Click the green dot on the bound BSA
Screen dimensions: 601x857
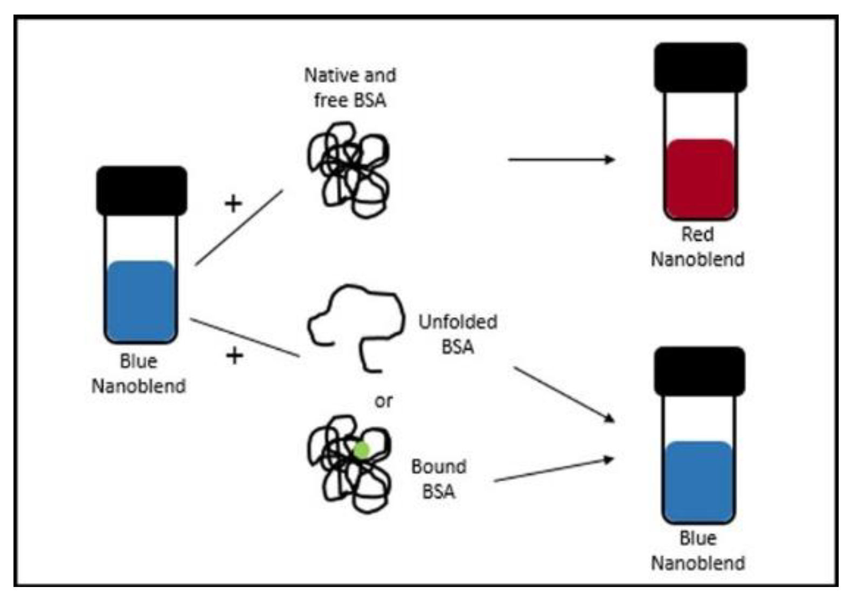[x=362, y=450]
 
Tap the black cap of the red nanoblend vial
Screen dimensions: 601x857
[x=700, y=67]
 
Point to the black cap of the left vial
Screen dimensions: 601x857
[x=141, y=191]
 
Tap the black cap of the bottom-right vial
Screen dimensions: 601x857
[x=699, y=371]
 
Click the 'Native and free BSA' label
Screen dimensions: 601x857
[x=350, y=87]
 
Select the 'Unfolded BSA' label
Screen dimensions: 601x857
[x=458, y=334]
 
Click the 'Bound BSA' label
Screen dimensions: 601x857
[x=438, y=478]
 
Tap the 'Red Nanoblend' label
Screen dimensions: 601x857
[x=697, y=247]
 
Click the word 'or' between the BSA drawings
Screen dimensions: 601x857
[x=383, y=401]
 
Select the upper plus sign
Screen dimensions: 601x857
[x=233, y=204]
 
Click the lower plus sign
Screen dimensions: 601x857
[x=234, y=355]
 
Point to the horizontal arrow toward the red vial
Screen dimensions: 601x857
[x=561, y=159]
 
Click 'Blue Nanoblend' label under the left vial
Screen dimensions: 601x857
[x=139, y=373]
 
